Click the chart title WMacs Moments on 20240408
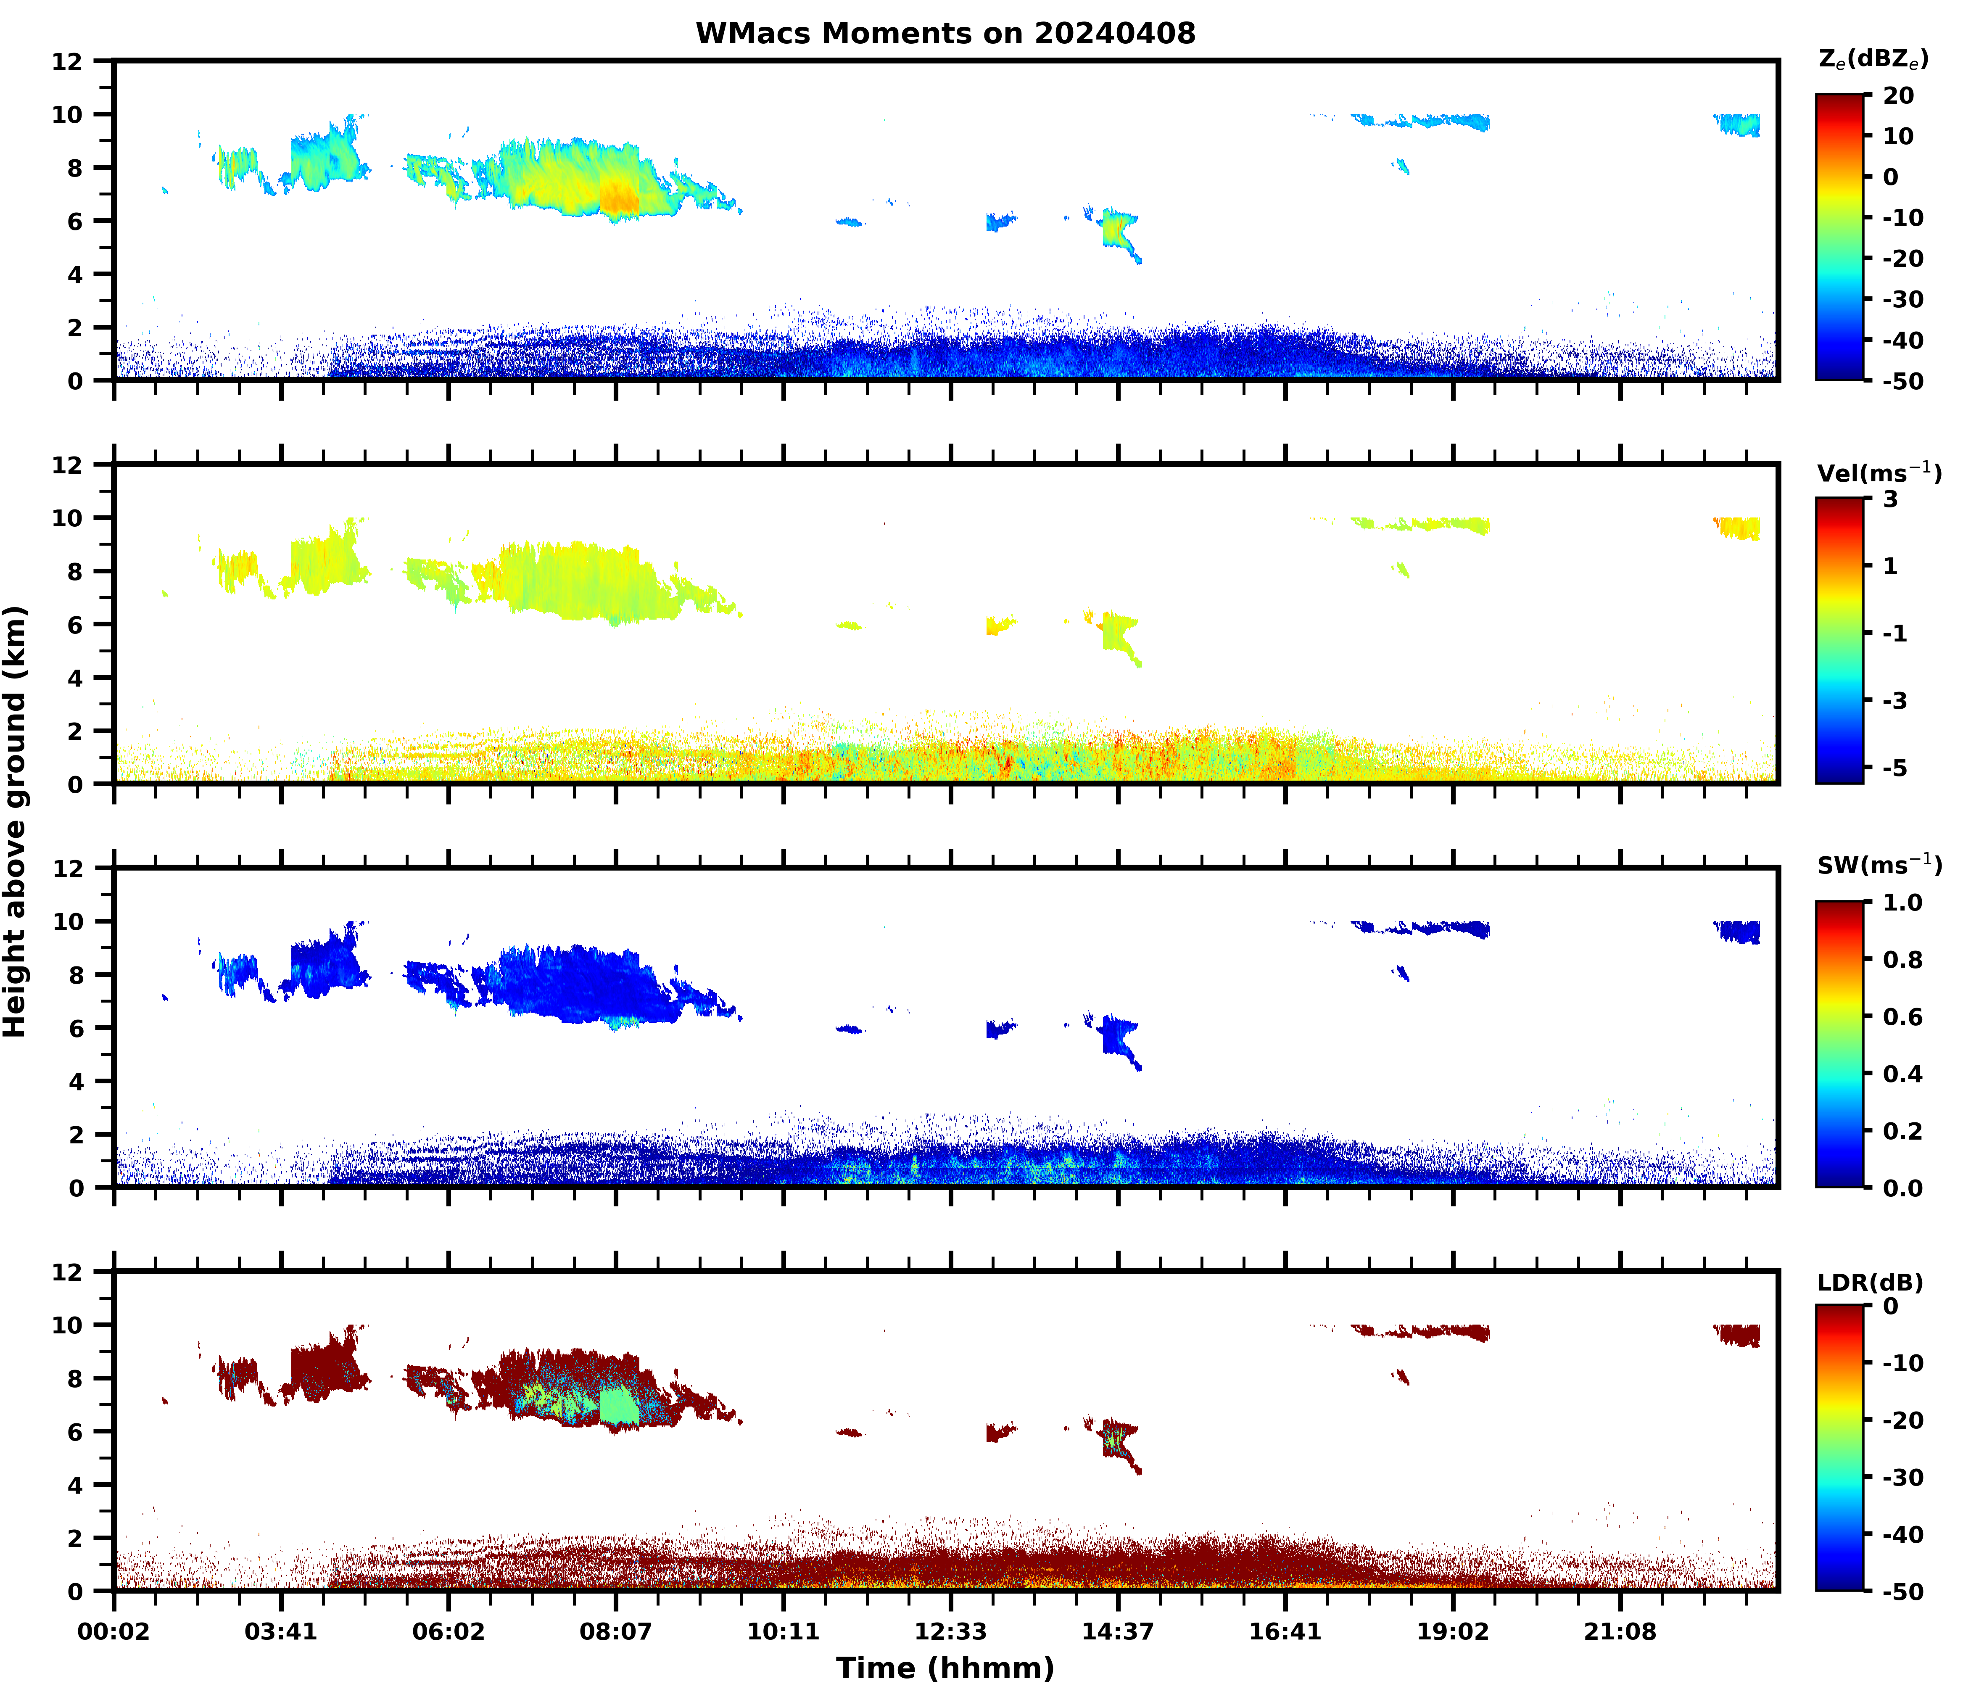pos(945,33)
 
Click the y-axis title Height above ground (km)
pos(15,821)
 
